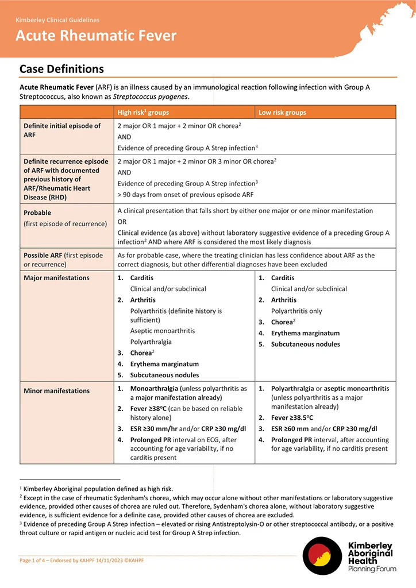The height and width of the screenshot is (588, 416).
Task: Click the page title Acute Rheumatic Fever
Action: click(96, 36)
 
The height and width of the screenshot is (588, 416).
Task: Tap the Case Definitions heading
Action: click(61, 69)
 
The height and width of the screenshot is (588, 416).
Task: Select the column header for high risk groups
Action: click(143, 113)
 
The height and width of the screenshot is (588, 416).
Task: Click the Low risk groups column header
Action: click(282, 113)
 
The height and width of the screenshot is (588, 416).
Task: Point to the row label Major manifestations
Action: click(56, 278)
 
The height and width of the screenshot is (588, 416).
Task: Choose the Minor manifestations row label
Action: click(56, 391)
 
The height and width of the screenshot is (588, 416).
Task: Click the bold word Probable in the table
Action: click(37, 212)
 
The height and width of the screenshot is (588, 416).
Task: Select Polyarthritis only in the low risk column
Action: click(296, 311)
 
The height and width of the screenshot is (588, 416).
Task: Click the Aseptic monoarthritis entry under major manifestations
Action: click(162, 331)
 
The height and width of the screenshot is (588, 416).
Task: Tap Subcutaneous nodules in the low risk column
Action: click(305, 345)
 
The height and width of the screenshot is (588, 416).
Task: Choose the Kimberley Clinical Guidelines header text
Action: click(57, 20)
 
